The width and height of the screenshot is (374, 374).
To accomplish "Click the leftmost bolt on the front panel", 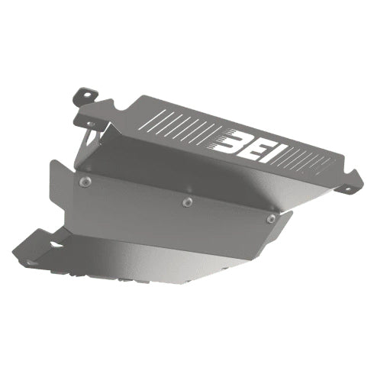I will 85,181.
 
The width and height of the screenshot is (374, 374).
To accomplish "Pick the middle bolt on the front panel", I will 186,202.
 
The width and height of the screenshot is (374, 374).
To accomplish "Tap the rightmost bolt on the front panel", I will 271,218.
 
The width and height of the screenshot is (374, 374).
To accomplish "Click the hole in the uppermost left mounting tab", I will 86,95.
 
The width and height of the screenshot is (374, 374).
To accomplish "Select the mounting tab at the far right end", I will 354,181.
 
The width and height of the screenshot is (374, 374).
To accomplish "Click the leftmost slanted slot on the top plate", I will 152,120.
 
